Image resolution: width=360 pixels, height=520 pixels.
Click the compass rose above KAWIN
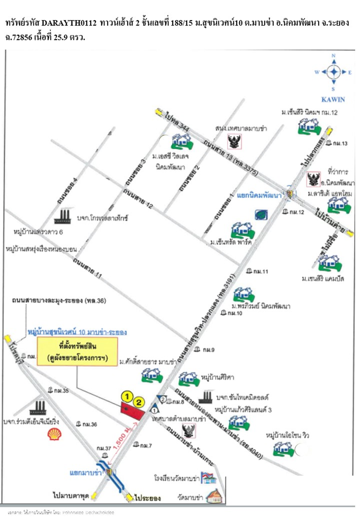pyautogui.click(x=334, y=72)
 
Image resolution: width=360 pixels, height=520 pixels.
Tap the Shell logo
pyautogui.click(x=54, y=434)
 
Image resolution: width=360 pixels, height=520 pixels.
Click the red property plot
pyautogui.click(x=132, y=411)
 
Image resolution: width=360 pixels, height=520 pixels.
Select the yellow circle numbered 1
pyautogui.click(x=127, y=397)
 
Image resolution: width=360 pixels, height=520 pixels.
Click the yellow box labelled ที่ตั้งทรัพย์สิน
pyautogui.click(x=77, y=352)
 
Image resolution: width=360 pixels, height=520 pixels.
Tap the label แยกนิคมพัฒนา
pyautogui.click(x=259, y=195)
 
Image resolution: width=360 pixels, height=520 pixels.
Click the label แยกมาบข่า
pyautogui.click(x=85, y=473)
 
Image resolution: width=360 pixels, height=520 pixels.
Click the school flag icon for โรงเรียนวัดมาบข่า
pyautogui.click(x=208, y=478)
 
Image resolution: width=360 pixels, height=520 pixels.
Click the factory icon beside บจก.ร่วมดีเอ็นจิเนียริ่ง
pyautogui.click(x=38, y=408)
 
